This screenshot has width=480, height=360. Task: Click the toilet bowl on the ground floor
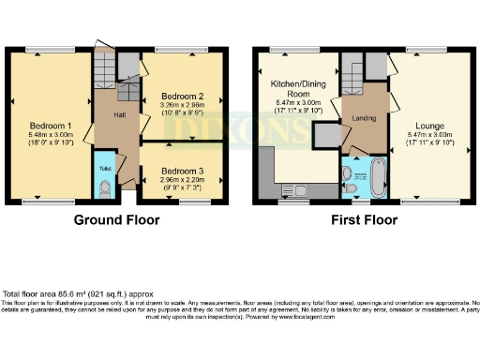(104, 188)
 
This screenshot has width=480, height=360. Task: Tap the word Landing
(366, 118)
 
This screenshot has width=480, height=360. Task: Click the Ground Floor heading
(116, 220)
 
